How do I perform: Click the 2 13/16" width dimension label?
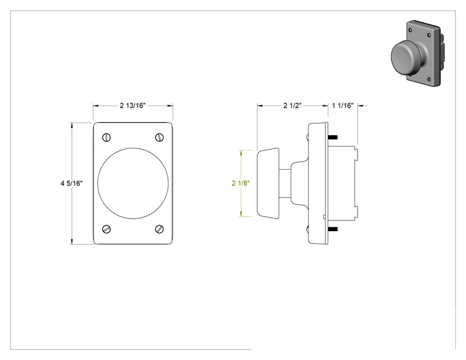(133, 105)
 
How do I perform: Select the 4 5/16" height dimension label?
(71, 183)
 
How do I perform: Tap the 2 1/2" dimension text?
(293, 105)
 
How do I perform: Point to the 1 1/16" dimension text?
(343, 105)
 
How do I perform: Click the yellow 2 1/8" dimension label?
(241, 183)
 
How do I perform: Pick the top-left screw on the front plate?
(106, 137)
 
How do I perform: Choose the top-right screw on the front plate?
(160, 137)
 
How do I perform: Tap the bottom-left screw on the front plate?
(106, 229)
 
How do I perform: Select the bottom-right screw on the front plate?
(160, 229)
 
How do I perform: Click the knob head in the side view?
(268, 183)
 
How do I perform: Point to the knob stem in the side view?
(285, 183)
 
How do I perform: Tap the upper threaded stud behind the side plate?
(333, 137)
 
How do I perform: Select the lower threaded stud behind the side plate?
(333, 229)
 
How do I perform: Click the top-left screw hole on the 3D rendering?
(410, 30)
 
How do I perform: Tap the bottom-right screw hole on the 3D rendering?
(428, 79)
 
